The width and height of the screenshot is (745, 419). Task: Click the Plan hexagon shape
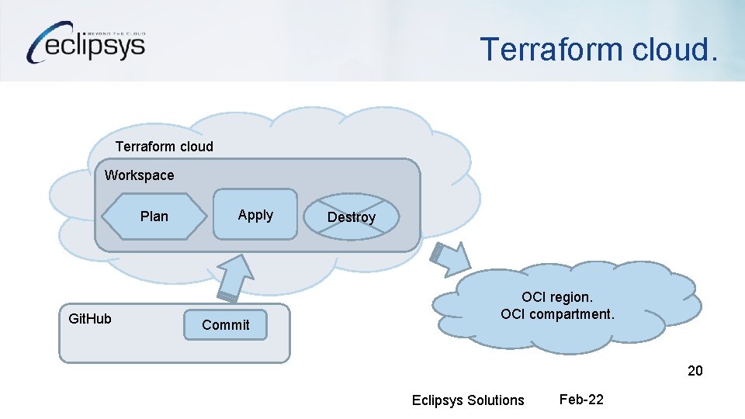tap(154, 216)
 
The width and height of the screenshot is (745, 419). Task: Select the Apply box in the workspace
tap(255, 215)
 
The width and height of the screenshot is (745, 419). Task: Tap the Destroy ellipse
tap(352, 217)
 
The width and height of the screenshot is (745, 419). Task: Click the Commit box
tap(225, 324)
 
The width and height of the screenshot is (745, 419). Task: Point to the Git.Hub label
tap(90, 318)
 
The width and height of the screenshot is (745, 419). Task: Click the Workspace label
tap(140, 175)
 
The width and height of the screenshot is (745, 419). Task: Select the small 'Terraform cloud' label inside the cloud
tap(165, 147)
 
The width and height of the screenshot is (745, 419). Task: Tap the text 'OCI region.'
tap(557, 297)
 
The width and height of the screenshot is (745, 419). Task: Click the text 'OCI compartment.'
tap(557, 314)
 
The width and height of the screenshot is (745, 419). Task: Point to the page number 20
tap(695, 371)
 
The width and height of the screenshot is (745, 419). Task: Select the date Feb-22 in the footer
tap(581, 400)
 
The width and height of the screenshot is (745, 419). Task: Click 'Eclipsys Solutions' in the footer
tap(468, 400)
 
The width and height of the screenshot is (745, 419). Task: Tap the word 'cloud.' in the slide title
tap(677, 49)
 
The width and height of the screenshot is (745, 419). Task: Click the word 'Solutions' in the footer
tap(495, 400)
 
